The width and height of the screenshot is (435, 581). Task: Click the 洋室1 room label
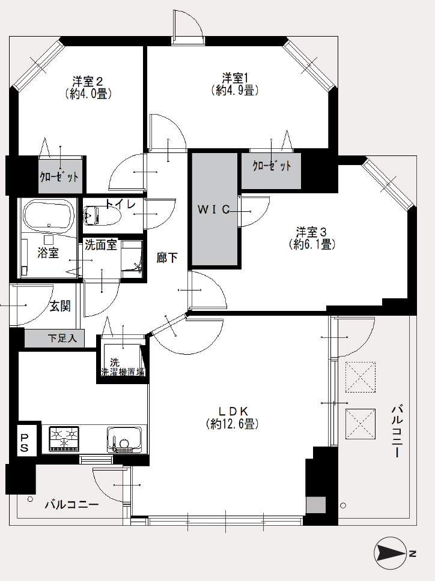(x=235, y=78)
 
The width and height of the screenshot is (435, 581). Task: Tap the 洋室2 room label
(x=88, y=81)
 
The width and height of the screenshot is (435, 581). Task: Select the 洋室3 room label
(x=311, y=232)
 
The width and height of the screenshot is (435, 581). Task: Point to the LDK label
(x=233, y=411)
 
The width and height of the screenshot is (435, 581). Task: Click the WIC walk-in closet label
(x=214, y=209)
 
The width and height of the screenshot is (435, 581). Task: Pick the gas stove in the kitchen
(x=64, y=439)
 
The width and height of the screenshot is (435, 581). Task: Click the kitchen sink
(x=124, y=440)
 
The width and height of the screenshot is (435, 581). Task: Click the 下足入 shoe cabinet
(x=55, y=338)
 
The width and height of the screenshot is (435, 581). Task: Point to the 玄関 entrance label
(x=60, y=306)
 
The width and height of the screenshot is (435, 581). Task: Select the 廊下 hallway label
(x=167, y=257)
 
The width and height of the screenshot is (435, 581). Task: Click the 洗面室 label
(x=100, y=245)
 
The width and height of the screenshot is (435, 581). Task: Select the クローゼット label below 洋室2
(x=59, y=176)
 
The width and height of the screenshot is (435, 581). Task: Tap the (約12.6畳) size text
(x=232, y=423)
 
